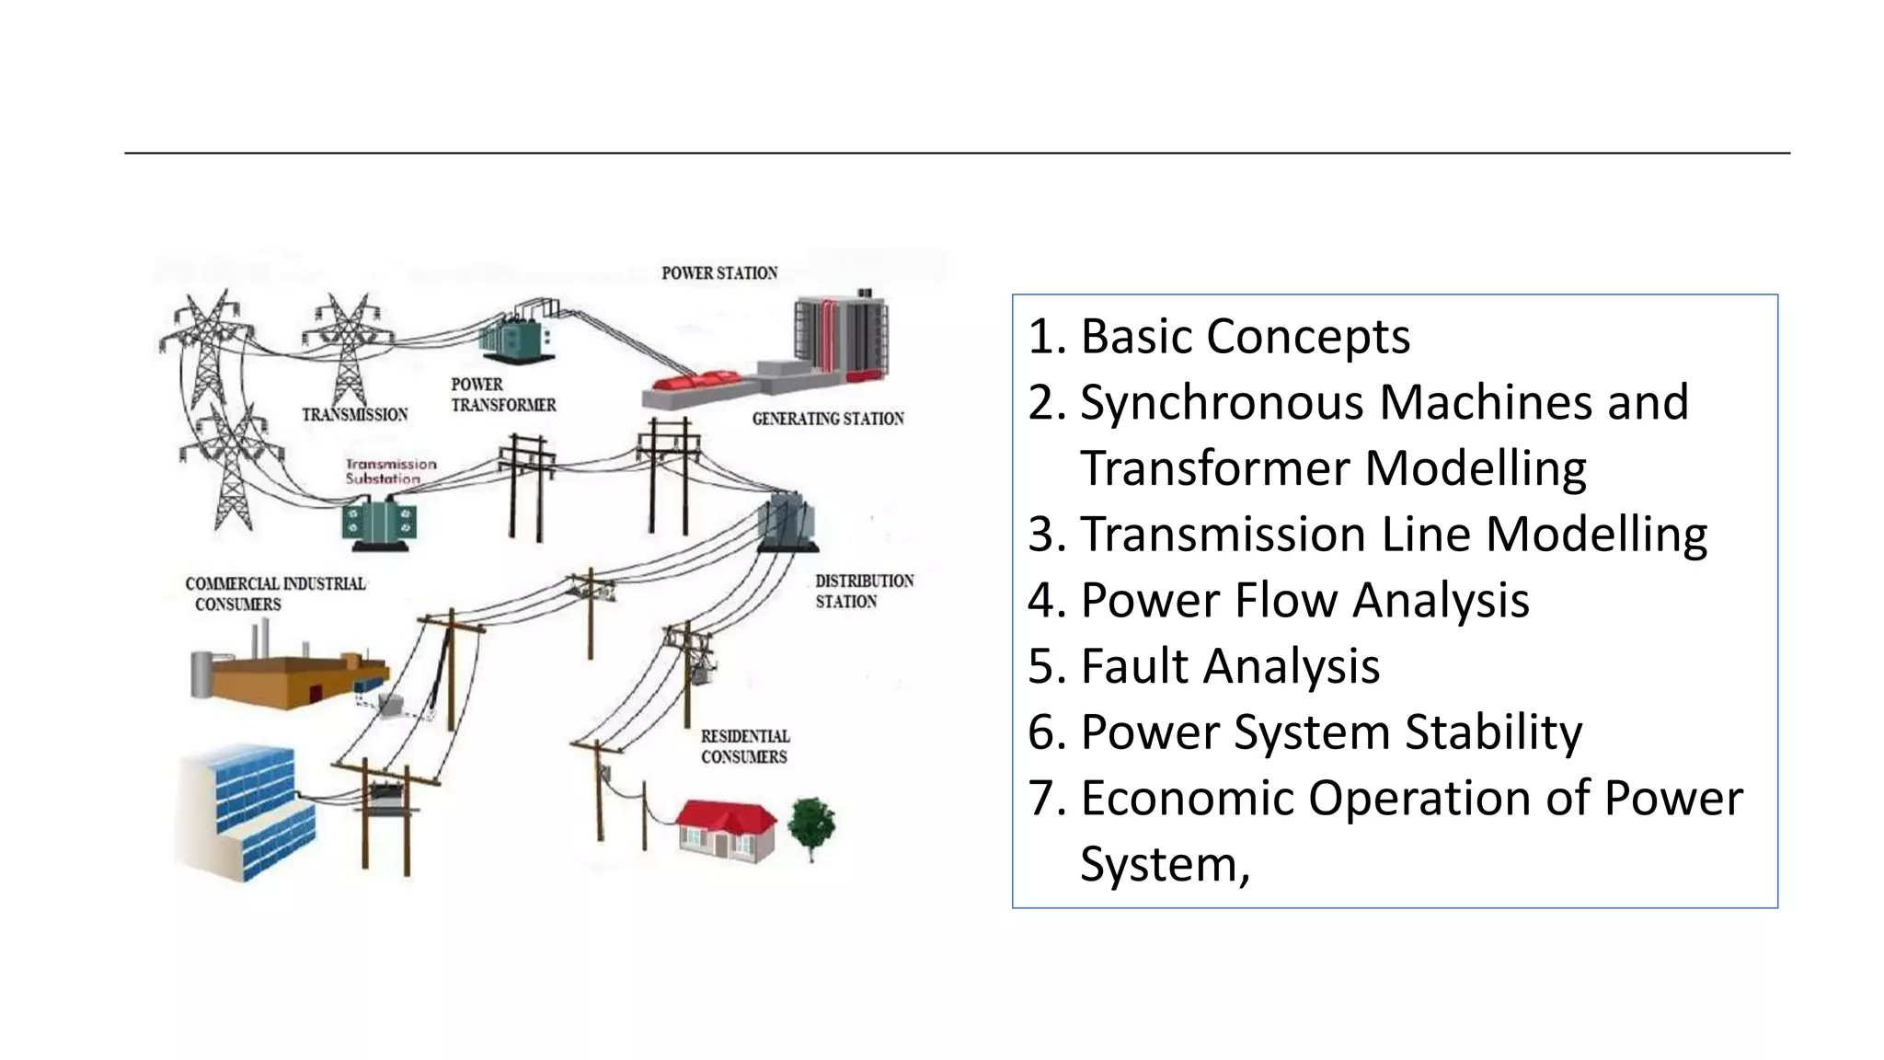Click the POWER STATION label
pyautogui.click(x=719, y=273)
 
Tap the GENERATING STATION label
pyautogui.click(x=828, y=419)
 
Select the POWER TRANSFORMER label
pyautogui.click(x=503, y=395)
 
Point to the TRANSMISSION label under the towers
pyautogui.click(x=355, y=415)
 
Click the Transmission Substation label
pyautogui.click(x=390, y=471)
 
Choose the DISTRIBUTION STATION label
pyautogui.click(x=864, y=592)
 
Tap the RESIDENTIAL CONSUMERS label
pyautogui.click(x=744, y=746)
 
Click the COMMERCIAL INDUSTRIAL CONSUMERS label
pyautogui.click(x=274, y=593)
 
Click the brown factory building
pyautogui.click(x=285, y=676)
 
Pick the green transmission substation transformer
pyautogui.click(x=380, y=524)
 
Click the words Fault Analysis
pyautogui.click(x=1229, y=666)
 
